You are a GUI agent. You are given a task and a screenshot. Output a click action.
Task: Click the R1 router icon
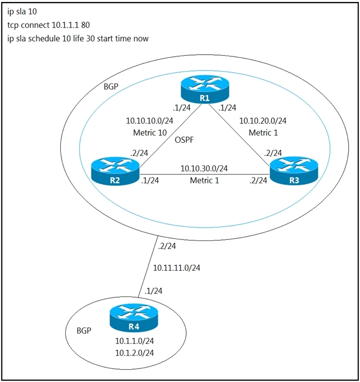tap(205, 90)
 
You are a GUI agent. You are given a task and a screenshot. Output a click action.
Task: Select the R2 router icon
tap(115, 171)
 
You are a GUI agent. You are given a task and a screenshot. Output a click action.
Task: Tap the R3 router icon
tap(294, 171)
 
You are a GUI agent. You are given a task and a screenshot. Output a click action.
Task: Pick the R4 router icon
tap(134, 318)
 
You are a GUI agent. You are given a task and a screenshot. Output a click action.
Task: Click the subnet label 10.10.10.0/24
tap(150, 120)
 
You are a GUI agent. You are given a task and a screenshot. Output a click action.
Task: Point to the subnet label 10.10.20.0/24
tap(263, 120)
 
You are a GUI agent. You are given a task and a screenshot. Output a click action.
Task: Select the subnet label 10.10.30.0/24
tap(204, 168)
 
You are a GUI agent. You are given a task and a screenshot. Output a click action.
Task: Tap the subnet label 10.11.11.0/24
tap(177, 268)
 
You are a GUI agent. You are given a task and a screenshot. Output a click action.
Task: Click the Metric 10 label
tap(150, 133)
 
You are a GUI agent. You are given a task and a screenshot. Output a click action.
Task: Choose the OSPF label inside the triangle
tap(184, 140)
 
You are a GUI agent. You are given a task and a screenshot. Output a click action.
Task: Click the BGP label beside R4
tap(84, 331)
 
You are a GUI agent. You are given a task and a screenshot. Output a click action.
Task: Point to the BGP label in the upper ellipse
tap(111, 86)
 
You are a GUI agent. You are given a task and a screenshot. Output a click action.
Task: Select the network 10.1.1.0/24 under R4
tap(135, 341)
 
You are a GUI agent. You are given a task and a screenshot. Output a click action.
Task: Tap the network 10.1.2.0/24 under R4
tap(135, 353)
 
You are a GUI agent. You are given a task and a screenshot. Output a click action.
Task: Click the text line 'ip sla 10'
tap(22, 11)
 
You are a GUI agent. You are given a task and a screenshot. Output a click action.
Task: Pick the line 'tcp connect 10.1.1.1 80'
tap(48, 25)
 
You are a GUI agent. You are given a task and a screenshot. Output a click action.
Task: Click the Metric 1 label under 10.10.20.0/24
tap(263, 133)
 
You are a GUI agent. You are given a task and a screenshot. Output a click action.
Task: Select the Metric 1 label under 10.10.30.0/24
tap(205, 181)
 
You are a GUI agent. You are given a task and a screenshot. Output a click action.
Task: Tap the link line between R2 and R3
tap(205, 175)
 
